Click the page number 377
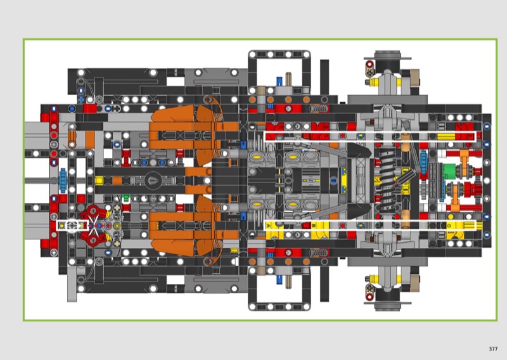coord(493,349)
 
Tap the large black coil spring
coord(387,181)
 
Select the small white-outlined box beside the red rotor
coord(72,226)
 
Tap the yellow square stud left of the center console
coord(99,180)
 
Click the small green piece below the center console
coord(126,197)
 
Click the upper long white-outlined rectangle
coord(370,136)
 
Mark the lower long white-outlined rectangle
coord(370,226)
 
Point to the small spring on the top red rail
coord(319,108)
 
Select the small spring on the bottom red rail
coord(319,253)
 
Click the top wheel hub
coord(387,62)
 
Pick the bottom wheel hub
coord(387,299)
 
